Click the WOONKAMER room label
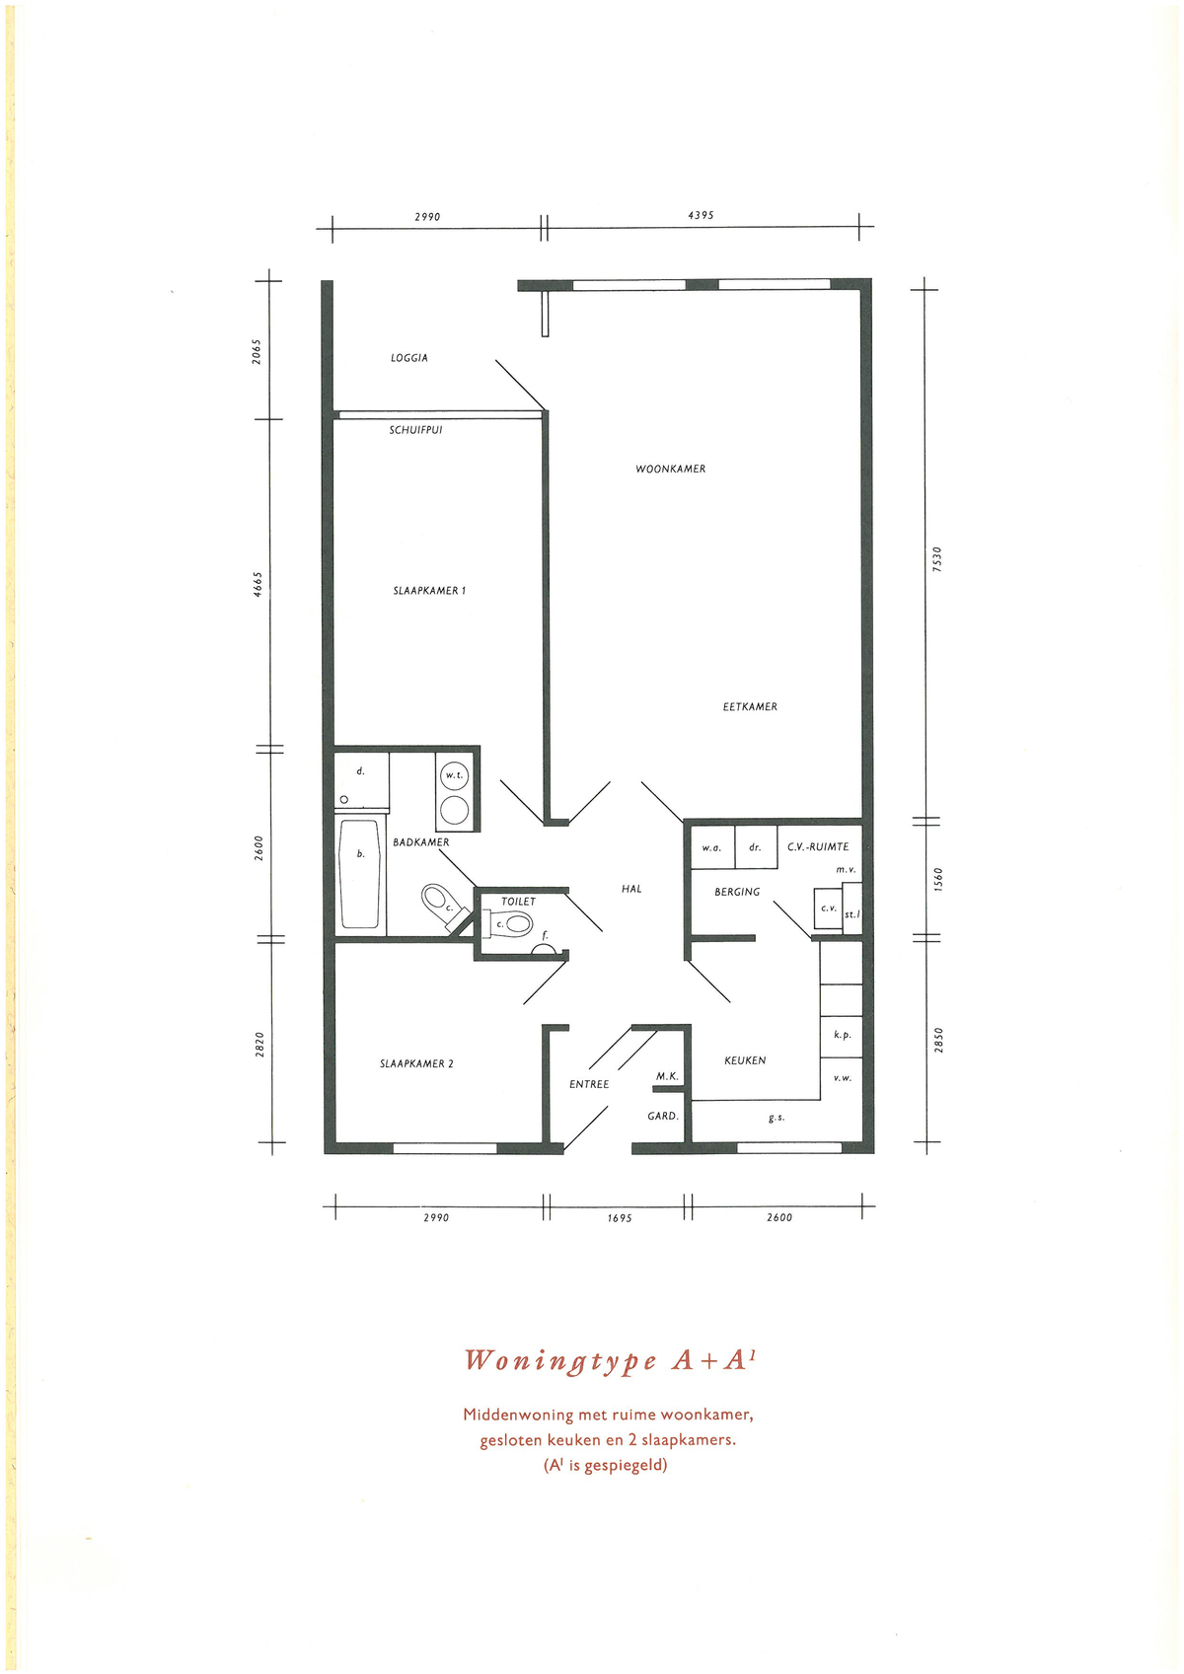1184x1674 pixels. [671, 470]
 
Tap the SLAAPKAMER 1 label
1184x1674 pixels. [429, 590]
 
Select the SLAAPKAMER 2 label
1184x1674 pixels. [416, 1063]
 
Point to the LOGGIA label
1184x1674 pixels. [408, 358]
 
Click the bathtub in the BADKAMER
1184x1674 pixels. [359, 874]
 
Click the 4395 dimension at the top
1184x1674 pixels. [701, 215]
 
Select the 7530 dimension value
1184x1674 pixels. [937, 559]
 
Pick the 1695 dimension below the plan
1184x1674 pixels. [619, 1217]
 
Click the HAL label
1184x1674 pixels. [631, 889]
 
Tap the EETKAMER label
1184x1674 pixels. [750, 707]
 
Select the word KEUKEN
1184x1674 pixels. [745, 1060]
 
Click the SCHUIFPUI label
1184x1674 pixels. [415, 430]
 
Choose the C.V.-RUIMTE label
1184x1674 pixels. [818, 846]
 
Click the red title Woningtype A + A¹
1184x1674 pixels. [610, 1361]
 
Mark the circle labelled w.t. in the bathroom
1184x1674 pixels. [455, 775]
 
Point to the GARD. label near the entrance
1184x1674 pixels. [663, 1116]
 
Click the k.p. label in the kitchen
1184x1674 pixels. [843, 1036]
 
